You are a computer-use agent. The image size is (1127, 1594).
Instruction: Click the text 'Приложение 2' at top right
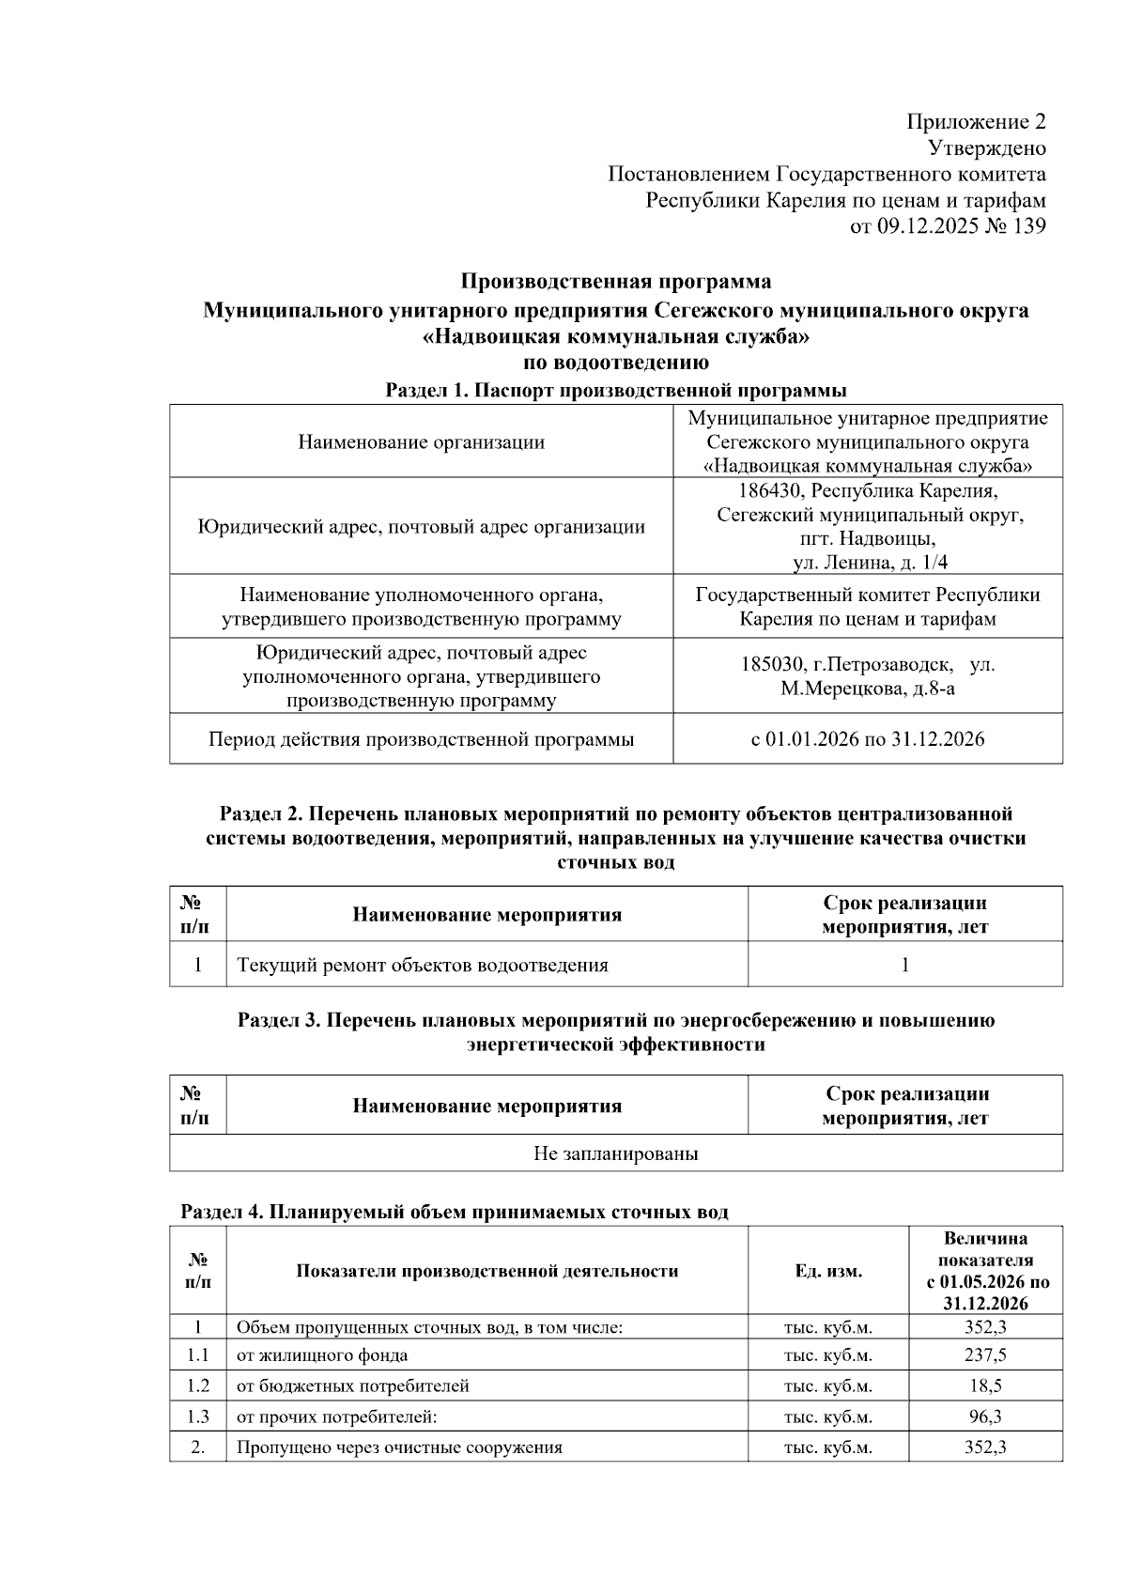coord(976,122)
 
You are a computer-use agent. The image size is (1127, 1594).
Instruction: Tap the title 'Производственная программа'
coord(615,282)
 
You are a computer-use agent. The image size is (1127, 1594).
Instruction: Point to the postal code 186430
coord(771,490)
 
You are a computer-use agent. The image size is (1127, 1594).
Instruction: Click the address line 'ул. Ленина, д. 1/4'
coord(870,562)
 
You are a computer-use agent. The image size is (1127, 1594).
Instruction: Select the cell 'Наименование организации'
coord(421,441)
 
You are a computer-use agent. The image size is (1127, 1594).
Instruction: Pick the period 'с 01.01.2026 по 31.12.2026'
coord(868,739)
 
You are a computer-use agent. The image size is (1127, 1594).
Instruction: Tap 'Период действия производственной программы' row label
coord(421,739)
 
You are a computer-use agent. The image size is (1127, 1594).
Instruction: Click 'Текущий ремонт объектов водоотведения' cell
coord(422,965)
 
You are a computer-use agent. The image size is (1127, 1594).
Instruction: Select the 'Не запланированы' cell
coord(615,1153)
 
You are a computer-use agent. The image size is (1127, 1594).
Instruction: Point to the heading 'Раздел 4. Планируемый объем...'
coord(454,1213)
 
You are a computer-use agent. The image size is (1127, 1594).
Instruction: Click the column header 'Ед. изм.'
coord(827,1271)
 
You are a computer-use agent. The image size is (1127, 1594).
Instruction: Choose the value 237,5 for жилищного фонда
coord(985,1355)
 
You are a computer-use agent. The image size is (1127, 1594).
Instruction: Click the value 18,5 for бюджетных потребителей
coord(985,1385)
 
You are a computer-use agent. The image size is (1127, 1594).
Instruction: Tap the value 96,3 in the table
coord(985,1416)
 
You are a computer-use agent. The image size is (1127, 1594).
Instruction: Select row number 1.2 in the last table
coord(197,1385)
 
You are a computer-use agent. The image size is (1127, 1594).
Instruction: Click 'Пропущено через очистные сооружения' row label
coord(399,1447)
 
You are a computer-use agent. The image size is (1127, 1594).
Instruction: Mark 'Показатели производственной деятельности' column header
coord(486,1271)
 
